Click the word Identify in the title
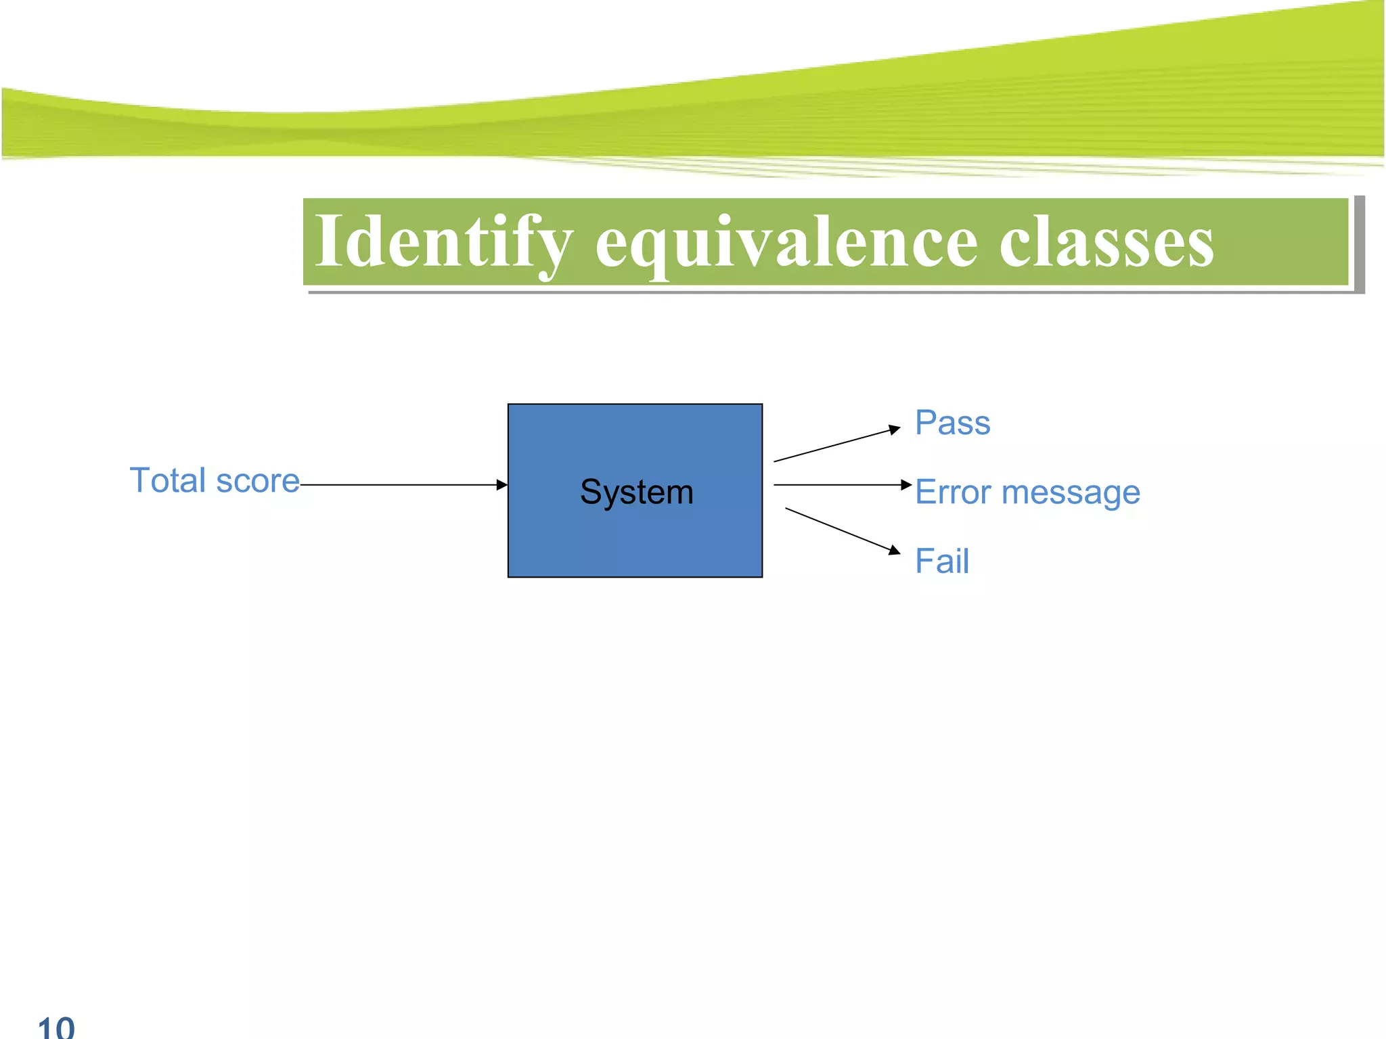pos(443,242)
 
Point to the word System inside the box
pos(636,492)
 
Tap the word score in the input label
pos(258,482)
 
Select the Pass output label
pos(952,423)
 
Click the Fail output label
pos(941,561)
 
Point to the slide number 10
pos(56,1027)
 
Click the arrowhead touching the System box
pos(501,485)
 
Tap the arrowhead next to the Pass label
pos(895,429)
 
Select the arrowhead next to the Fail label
pos(895,550)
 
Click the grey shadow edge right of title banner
pos(1359,244)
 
